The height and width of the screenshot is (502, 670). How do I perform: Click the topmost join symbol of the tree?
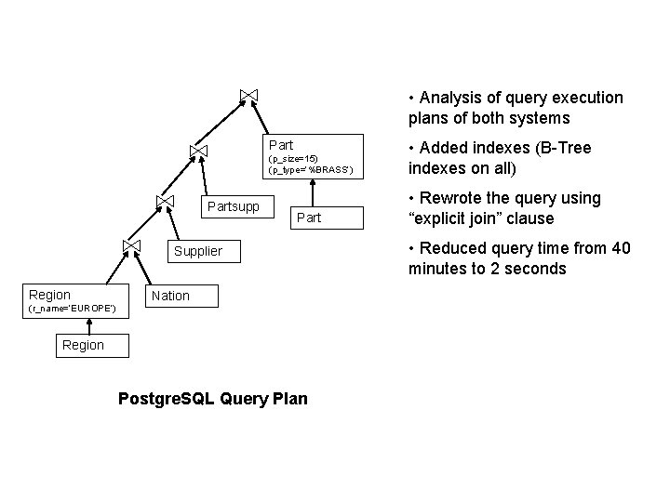tap(248, 95)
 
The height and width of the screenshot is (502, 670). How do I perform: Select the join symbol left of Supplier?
tap(131, 245)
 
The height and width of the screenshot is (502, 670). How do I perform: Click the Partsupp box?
tap(234, 205)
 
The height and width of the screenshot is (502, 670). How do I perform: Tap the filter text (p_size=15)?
tap(293, 159)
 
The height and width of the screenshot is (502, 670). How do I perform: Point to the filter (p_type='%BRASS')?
tap(309, 170)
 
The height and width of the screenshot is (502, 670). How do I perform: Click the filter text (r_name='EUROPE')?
tap(72, 308)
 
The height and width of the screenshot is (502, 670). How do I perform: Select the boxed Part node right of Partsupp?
tap(308, 218)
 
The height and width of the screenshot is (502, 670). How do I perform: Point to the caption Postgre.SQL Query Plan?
tap(214, 399)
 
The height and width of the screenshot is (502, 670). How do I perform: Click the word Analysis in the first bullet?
tap(449, 99)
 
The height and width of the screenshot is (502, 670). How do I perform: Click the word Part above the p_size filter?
tap(281, 145)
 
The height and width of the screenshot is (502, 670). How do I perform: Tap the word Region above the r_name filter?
tap(50, 295)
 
